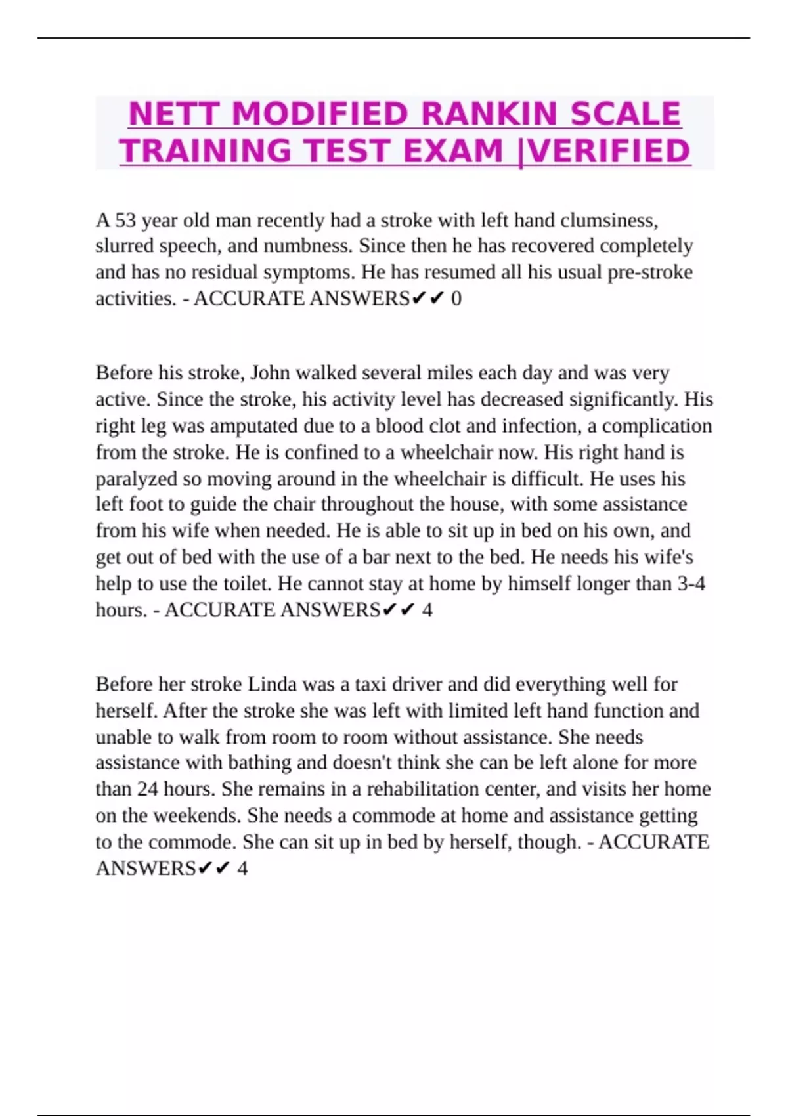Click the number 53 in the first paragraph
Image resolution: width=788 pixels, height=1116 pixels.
125,220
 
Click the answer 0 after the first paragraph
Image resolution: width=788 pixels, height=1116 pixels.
456,299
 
